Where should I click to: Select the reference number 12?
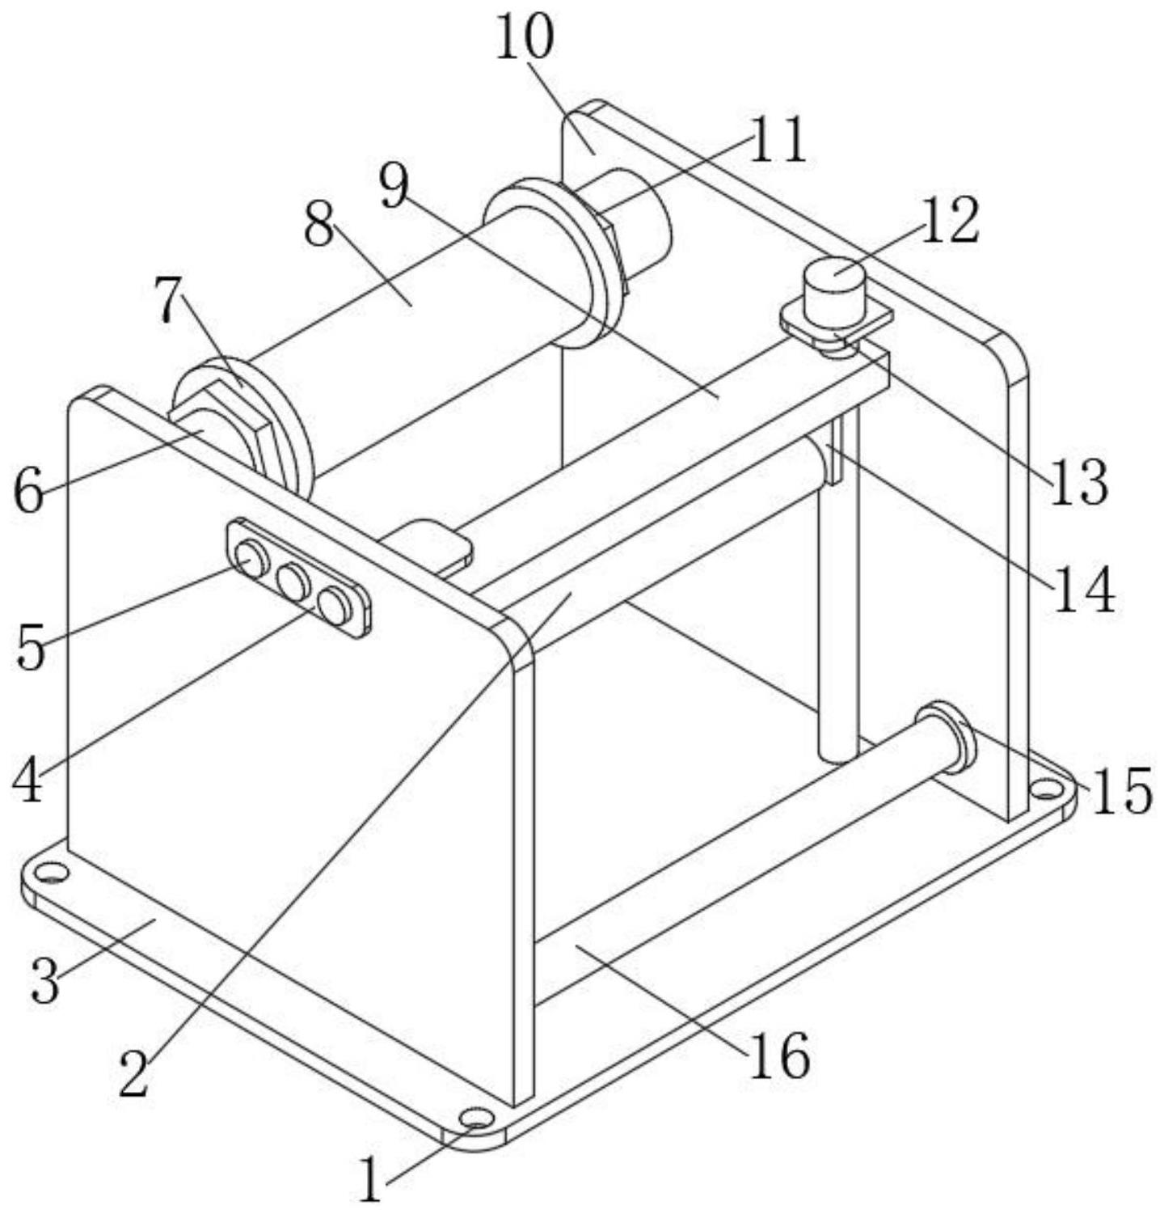[951, 220]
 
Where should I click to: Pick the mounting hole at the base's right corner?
[1045, 786]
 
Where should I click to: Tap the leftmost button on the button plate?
[251, 558]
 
